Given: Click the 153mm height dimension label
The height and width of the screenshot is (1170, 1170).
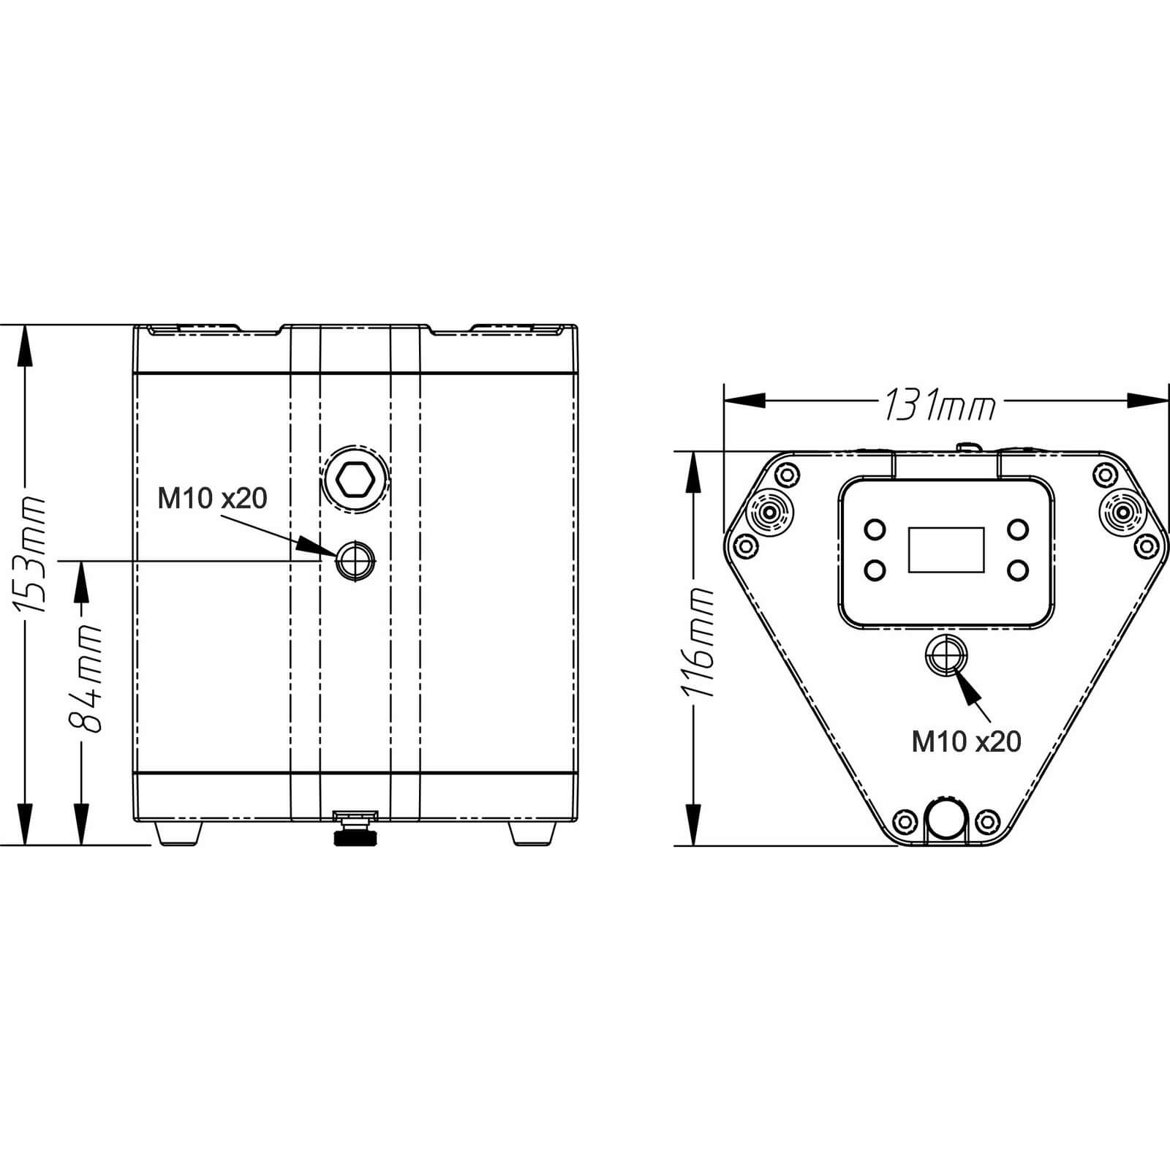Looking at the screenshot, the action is (30, 554).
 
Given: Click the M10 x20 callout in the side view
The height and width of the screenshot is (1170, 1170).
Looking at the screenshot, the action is (213, 499).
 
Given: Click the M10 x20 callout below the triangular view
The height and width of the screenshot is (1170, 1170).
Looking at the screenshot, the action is (966, 741).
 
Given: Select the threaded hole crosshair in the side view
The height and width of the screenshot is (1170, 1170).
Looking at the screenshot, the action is (355, 561).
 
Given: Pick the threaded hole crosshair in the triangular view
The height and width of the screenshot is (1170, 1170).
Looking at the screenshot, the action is (946, 655).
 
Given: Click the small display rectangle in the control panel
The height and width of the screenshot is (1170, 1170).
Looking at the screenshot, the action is (946, 549).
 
